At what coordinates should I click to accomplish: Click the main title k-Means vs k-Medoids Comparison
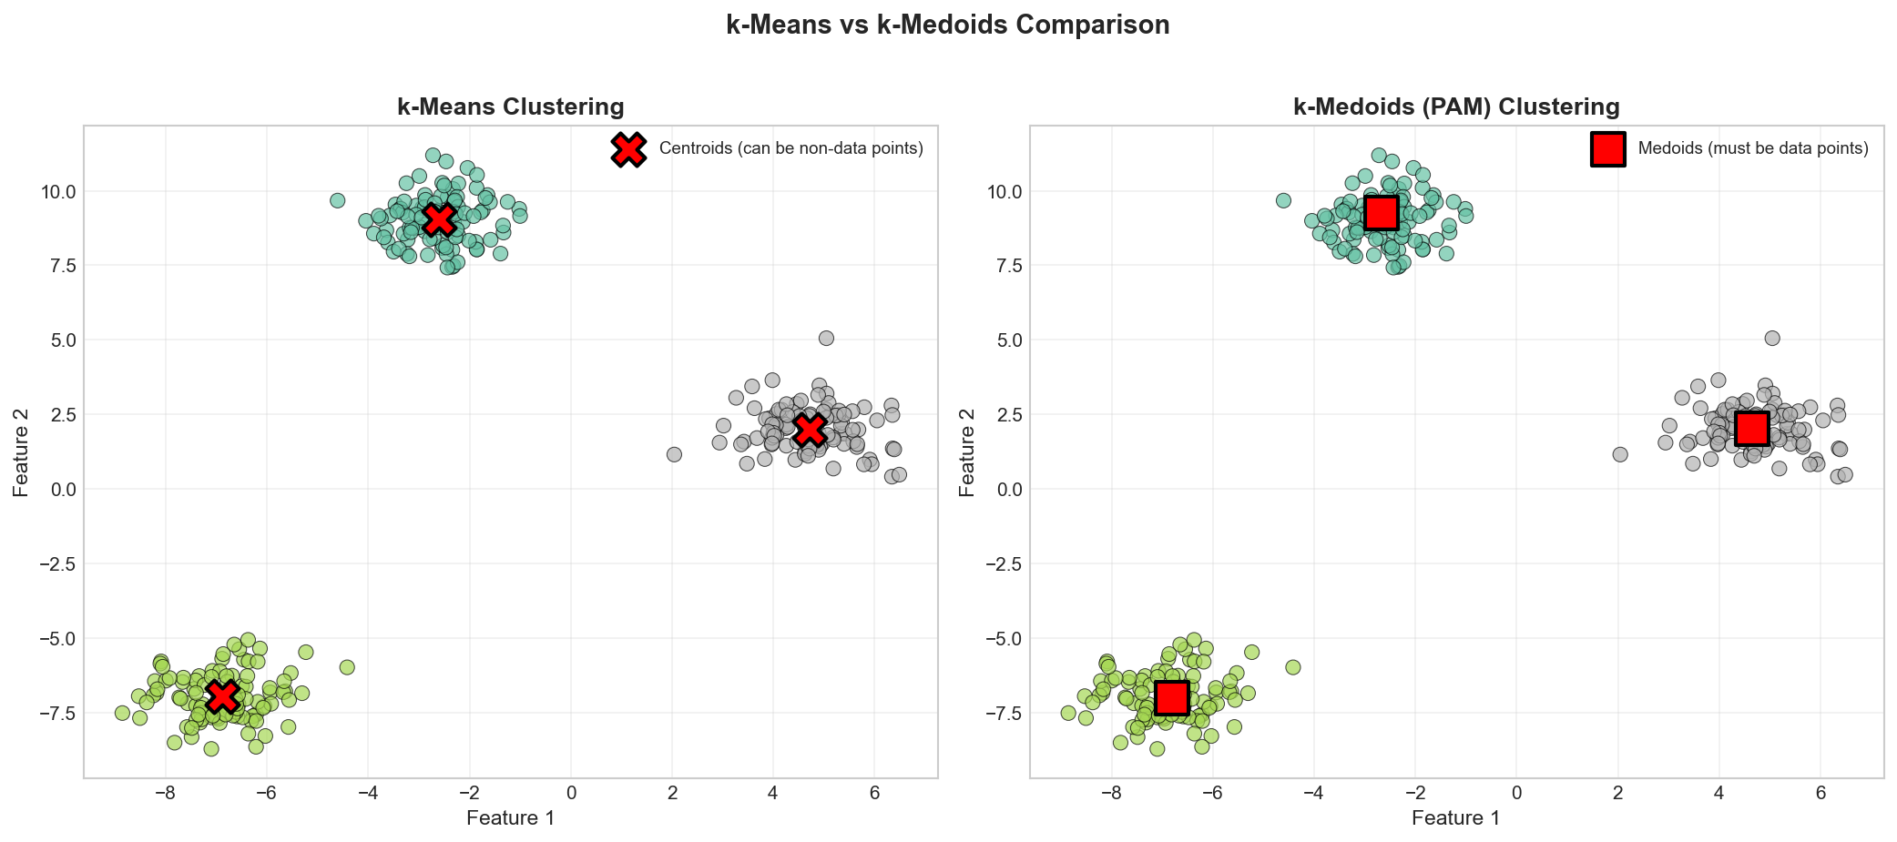pyautogui.click(x=947, y=25)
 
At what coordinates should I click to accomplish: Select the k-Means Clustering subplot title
pyautogui.click(x=510, y=107)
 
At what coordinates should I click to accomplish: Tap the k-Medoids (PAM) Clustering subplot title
pyautogui.click(x=1455, y=107)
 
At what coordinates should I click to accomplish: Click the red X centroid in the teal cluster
pyautogui.click(x=440, y=219)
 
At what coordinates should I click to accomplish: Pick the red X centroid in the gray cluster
pyautogui.click(x=809, y=430)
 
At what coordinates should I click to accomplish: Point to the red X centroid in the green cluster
pyautogui.click(x=222, y=696)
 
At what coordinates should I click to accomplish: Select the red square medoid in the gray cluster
pyautogui.click(x=1751, y=428)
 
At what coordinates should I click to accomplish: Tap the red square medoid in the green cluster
pyautogui.click(x=1171, y=698)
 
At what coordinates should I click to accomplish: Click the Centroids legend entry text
pyautogui.click(x=790, y=148)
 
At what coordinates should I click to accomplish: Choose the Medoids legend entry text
pyautogui.click(x=1752, y=148)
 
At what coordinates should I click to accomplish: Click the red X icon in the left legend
pyautogui.click(x=628, y=149)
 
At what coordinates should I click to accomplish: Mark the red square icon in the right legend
pyautogui.click(x=1608, y=149)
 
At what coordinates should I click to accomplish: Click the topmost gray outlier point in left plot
pyautogui.click(x=826, y=338)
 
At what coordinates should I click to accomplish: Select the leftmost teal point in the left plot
pyautogui.click(x=337, y=200)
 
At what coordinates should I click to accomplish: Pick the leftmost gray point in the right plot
pyautogui.click(x=1619, y=454)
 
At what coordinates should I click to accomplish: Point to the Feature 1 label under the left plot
pyautogui.click(x=510, y=818)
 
